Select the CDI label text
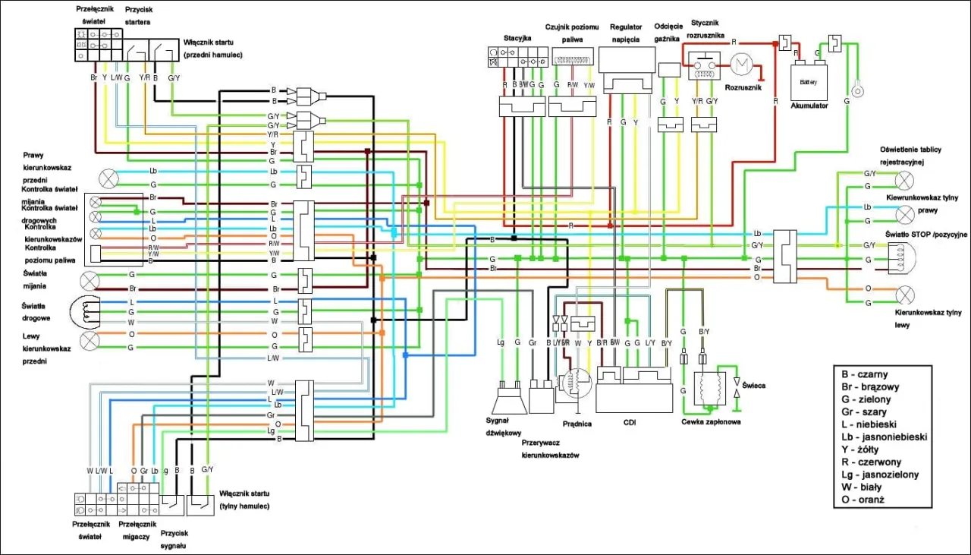tap(629, 423)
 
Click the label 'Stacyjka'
tap(517, 38)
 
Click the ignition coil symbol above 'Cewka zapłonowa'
tap(711, 392)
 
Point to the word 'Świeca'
tap(753, 386)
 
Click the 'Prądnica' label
tap(577, 424)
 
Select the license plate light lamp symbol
tap(903, 181)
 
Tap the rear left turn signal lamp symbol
tap(903, 295)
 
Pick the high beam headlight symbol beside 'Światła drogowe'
tap(85, 311)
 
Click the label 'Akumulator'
tap(809, 106)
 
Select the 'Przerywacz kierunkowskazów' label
tap(550, 448)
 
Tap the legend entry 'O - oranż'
tap(863, 500)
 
